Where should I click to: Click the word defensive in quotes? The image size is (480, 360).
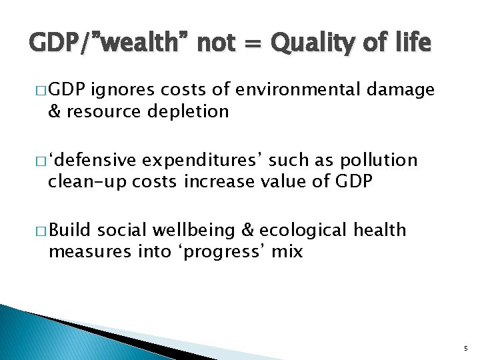click(94, 161)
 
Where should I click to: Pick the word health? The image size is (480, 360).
click(380, 230)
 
